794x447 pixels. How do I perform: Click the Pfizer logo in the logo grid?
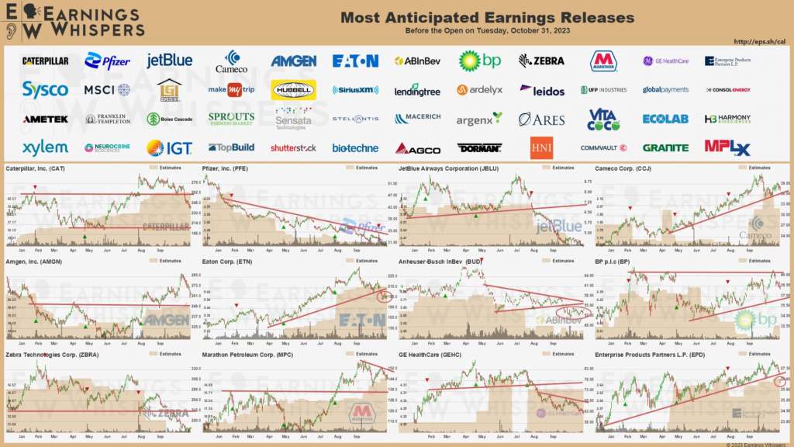[107, 61]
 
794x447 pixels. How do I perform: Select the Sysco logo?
[45, 89]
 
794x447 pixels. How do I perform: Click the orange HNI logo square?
[541, 147]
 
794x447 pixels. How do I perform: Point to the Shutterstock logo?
[293, 147]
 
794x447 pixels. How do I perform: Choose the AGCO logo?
[418, 148]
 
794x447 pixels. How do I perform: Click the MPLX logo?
[727, 147]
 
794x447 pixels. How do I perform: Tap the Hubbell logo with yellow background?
[293, 90]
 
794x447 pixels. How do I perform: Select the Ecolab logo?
[665, 119]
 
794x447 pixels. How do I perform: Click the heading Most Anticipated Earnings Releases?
[487, 17]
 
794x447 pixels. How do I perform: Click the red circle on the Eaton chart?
[381, 296]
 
